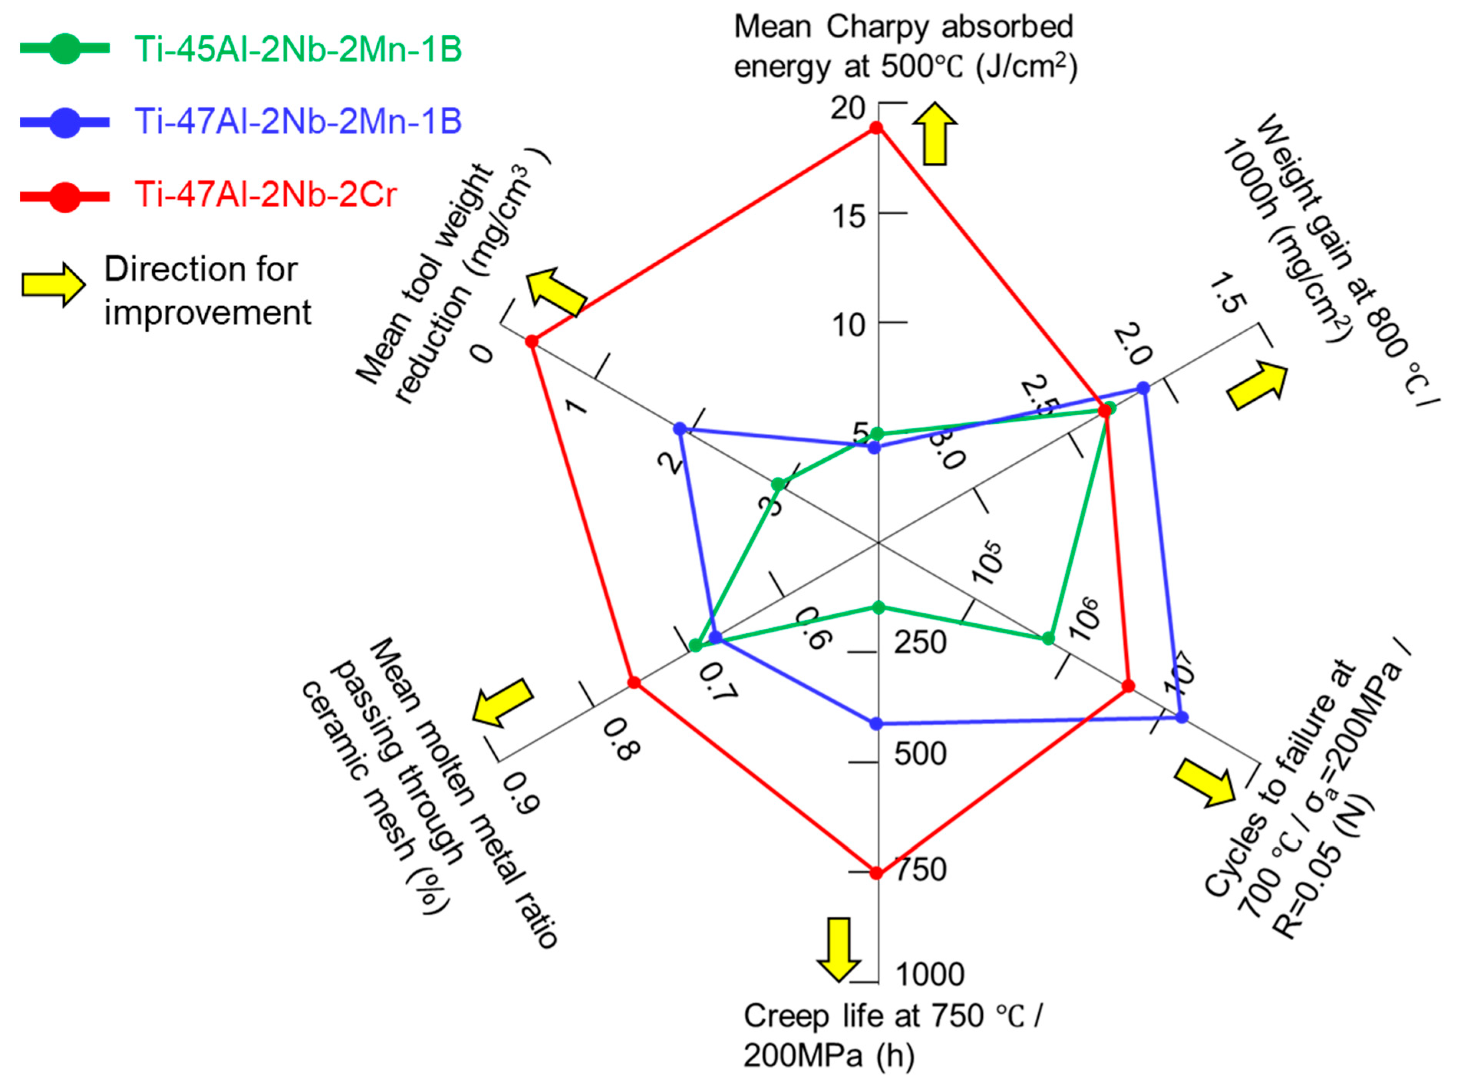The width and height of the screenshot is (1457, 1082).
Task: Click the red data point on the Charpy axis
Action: pyautogui.click(x=876, y=128)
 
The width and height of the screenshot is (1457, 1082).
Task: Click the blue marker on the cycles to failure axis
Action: pyautogui.click(x=1181, y=717)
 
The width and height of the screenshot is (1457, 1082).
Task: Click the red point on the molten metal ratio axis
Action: pyautogui.click(x=633, y=682)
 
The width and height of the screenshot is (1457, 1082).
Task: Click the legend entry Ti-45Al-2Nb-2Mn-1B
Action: pyautogui.click(x=298, y=50)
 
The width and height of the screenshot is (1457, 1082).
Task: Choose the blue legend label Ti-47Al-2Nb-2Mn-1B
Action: pyautogui.click(x=298, y=121)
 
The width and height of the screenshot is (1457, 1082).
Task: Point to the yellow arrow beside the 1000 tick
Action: pyautogui.click(x=838, y=949)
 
